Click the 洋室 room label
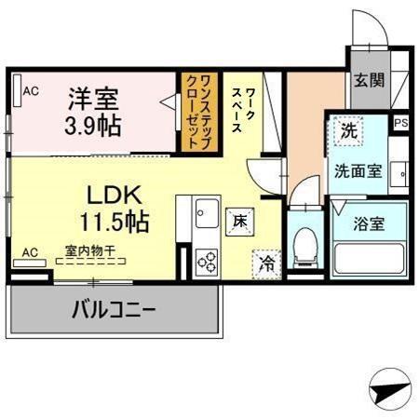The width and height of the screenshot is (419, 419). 93,97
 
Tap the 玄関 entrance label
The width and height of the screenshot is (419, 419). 366,80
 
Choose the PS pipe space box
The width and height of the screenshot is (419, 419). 400,122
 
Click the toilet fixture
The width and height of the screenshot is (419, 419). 302,246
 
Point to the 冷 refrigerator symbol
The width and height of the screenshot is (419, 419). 267,264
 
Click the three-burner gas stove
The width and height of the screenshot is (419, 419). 205,262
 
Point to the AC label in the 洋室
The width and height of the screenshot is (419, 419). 31,91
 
